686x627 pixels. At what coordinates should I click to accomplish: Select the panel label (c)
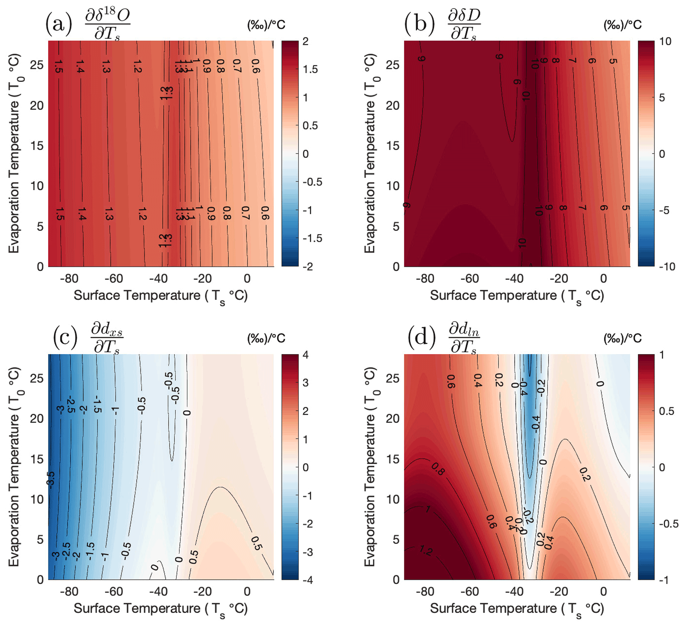pos(65,338)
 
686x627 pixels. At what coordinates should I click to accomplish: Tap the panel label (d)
pos(421,338)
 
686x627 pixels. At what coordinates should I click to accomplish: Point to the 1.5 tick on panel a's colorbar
pos(310,69)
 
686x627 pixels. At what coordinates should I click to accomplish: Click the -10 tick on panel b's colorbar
pos(667,267)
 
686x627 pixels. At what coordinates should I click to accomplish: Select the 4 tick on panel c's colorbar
pos(306,355)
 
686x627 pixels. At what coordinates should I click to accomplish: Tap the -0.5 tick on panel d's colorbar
pos(669,524)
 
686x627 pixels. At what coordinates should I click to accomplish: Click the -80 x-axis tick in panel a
pos(69,279)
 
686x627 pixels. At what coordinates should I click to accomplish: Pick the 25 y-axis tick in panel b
pos(392,65)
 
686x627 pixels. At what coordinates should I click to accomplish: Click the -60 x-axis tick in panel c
pos(114,592)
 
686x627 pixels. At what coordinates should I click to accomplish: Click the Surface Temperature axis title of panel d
pos(517,609)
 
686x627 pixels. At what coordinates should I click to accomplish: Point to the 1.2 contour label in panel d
pos(426,550)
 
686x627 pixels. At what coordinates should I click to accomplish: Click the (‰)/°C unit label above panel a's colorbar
pos(266,25)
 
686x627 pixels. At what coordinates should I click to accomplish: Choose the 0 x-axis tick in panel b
pos(603,279)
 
